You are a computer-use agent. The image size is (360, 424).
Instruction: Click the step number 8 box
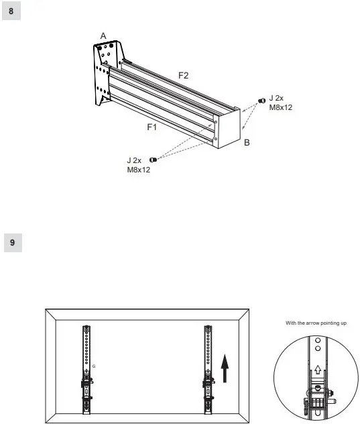(x=11, y=11)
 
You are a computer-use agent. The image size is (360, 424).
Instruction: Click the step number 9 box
(x=11, y=242)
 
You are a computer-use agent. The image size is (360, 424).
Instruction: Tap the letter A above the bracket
(x=103, y=35)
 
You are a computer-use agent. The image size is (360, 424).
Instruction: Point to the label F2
(x=182, y=76)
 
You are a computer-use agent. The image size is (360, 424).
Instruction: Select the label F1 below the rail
(x=152, y=125)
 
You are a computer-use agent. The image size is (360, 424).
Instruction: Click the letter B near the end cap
(x=247, y=143)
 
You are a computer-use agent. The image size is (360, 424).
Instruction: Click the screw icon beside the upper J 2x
(x=261, y=101)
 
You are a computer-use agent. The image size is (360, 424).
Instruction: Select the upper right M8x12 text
(x=281, y=107)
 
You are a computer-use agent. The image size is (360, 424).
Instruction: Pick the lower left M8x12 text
(x=139, y=170)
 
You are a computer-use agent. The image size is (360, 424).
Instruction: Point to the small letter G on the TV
(x=93, y=366)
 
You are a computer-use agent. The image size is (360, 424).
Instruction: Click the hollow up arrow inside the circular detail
(x=316, y=370)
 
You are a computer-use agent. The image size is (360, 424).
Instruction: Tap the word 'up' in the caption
(x=343, y=323)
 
